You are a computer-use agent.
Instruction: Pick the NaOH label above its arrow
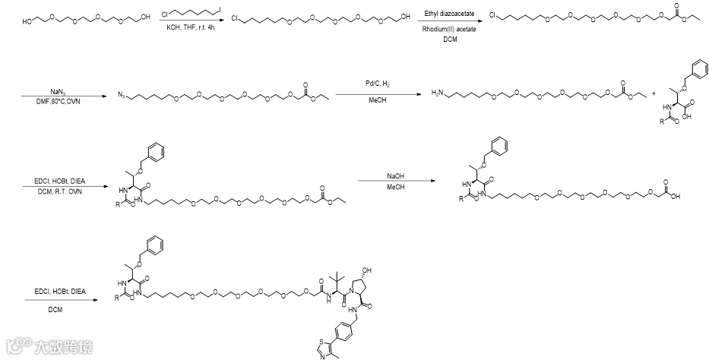coord(395,177)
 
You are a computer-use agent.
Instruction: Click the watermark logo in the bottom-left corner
coord(17,348)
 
